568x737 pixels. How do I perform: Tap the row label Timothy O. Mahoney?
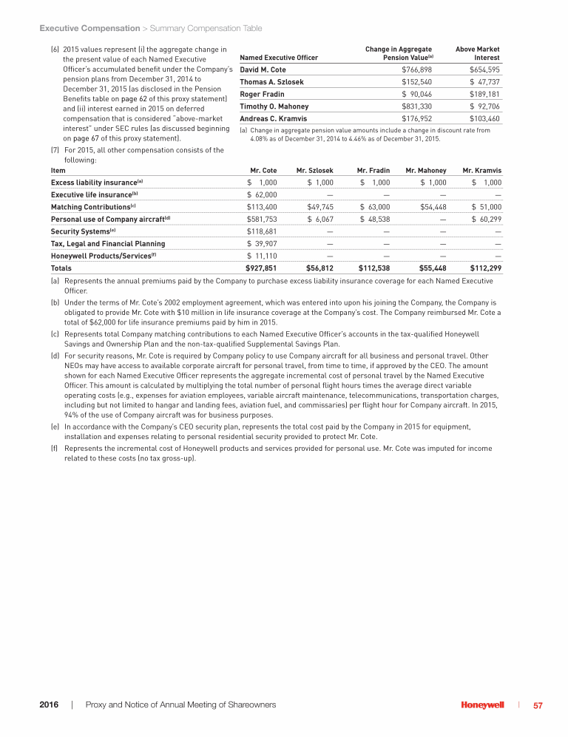[272, 106]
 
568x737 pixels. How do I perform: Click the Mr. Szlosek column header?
[314, 170]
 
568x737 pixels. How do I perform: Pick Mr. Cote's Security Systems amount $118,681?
[262, 231]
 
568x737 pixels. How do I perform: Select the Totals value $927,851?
[262, 268]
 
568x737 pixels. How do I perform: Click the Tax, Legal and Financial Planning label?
[108, 243]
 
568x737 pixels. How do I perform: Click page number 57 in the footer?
[538, 705]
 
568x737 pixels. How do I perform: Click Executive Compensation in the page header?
[89, 28]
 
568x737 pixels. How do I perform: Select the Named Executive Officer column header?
[279, 57]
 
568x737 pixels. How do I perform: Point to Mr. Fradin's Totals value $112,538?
[374, 268]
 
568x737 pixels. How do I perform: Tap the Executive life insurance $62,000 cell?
[262, 194]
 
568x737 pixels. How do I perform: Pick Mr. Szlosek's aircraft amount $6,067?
[320, 219]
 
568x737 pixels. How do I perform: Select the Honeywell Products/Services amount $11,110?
[262, 255]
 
